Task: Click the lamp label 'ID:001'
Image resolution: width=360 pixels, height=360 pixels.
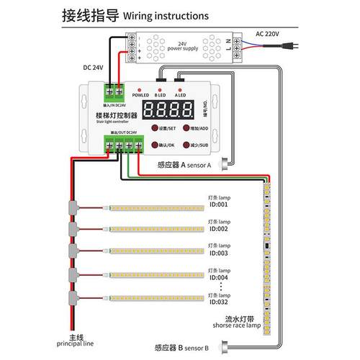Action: [219, 204]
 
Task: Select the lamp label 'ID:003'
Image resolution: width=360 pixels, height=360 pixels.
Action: [219, 253]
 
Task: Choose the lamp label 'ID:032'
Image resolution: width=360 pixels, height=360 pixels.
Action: [219, 302]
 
